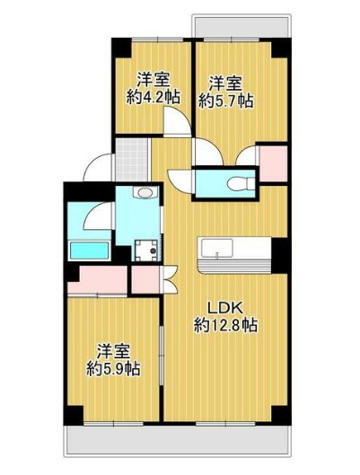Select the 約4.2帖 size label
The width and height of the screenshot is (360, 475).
pyautogui.click(x=150, y=96)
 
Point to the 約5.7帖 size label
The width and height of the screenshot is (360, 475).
pyautogui.click(x=224, y=99)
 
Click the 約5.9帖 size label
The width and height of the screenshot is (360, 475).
pyautogui.click(x=112, y=368)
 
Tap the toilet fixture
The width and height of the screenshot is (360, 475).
pyautogui.click(x=238, y=184)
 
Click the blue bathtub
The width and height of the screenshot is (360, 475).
pyautogui.click(x=87, y=249)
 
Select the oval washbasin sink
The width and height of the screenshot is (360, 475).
pyautogui.click(x=144, y=192)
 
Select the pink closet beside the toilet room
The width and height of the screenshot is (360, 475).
pyautogui.click(x=272, y=165)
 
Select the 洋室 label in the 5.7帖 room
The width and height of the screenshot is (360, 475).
pyautogui.click(x=224, y=82)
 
